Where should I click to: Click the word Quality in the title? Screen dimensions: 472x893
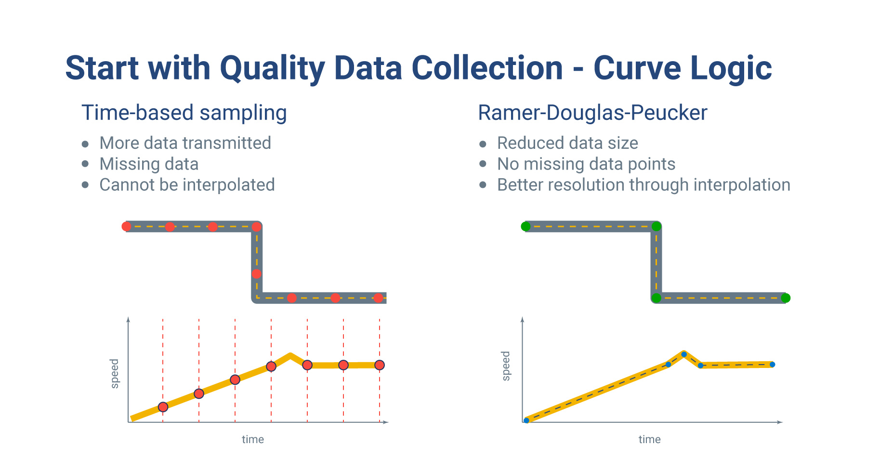coord(272,68)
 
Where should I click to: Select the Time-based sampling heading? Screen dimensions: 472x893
coord(184,113)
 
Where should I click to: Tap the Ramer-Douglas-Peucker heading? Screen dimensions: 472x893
coord(592,113)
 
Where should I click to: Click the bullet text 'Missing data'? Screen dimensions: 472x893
coord(149,164)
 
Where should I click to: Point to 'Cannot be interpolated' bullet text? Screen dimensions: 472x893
coord(187,185)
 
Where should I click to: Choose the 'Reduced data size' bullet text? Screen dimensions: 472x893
coord(567,143)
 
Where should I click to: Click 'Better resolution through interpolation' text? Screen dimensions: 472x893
coord(643,185)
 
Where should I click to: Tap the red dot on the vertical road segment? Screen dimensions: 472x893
coord(257,274)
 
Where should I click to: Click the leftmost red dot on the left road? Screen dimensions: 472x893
coord(126,226)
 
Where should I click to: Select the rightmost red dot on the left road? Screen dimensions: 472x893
coord(379,298)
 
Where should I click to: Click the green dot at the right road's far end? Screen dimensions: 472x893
coord(785,298)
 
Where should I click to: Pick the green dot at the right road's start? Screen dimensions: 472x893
coord(525,226)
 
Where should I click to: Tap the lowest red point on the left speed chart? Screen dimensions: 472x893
coord(163,407)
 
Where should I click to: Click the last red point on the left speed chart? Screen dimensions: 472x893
coord(380,365)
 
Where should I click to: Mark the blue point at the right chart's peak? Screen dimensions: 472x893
coord(684,354)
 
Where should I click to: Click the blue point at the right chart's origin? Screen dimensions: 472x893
coord(526,420)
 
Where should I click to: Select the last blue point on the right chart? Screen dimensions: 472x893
coord(772,365)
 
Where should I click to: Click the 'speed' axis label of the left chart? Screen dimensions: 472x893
coord(115,373)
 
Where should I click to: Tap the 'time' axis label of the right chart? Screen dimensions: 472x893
coord(649,439)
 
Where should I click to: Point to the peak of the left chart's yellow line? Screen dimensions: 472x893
coord(290,356)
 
